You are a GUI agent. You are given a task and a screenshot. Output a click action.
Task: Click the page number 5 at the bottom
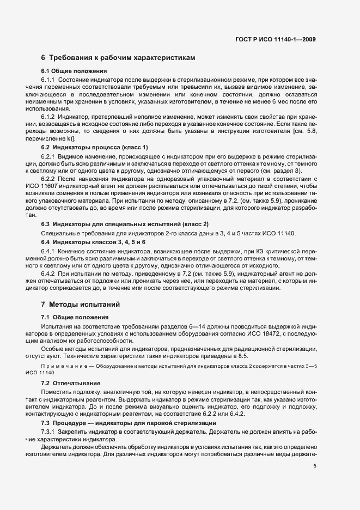click(x=315, y=465)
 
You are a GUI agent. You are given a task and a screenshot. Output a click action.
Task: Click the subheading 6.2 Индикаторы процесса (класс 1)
click(x=94, y=148)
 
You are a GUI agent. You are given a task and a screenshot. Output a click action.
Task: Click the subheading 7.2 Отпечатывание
click(x=70, y=382)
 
